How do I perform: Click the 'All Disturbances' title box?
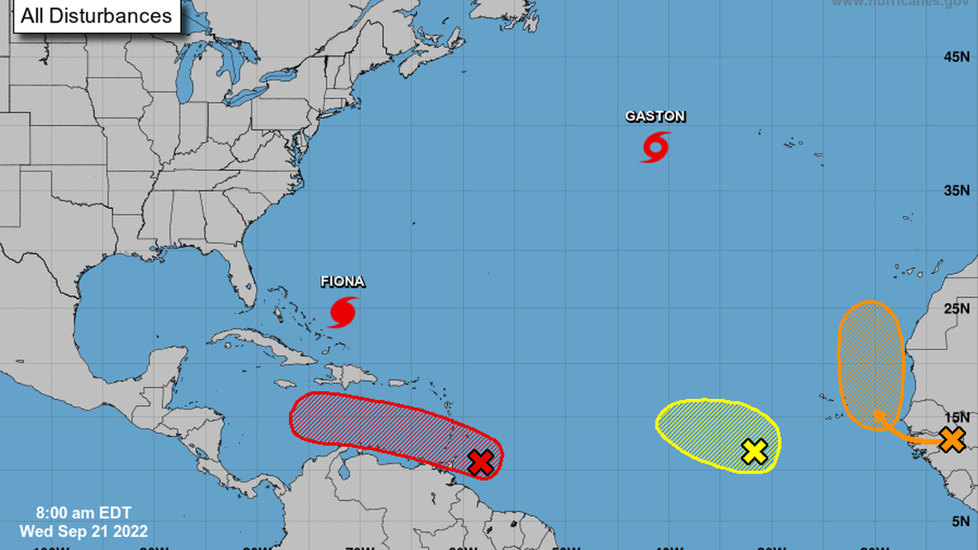pyautogui.click(x=96, y=15)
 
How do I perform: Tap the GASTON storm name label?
pyautogui.click(x=655, y=117)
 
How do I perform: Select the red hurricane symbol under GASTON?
pyautogui.click(x=655, y=148)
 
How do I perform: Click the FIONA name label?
pyautogui.click(x=342, y=281)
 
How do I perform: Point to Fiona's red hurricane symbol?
pyautogui.click(x=342, y=312)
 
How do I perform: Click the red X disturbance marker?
pyautogui.click(x=481, y=462)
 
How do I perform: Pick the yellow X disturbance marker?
pyautogui.click(x=754, y=451)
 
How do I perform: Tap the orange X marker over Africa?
pyautogui.click(x=951, y=439)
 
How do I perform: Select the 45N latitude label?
pyautogui.click(x=956, y=57)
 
